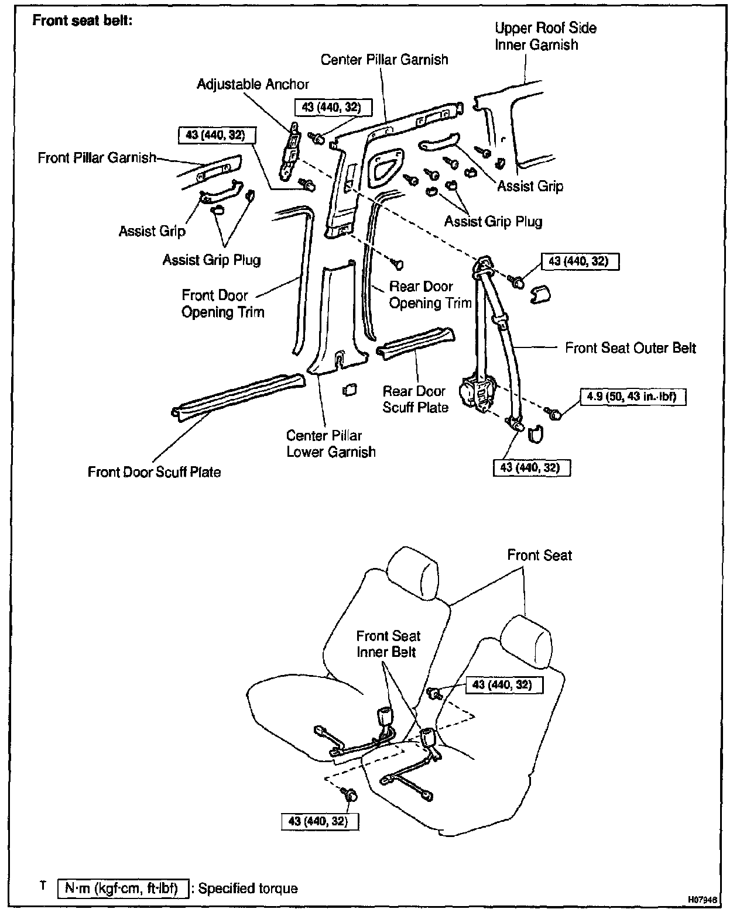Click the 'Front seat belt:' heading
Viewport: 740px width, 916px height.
(x=83, y=20)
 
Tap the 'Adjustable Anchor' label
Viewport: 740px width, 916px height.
(x=252, y=84)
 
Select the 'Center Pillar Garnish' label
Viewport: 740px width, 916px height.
(x=384, y=60)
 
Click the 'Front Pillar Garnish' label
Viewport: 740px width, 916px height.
(x=97, y=158)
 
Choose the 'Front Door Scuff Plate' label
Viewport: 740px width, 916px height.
(x=154, y=472)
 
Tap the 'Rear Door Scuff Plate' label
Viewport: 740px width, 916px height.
(x=415, y=400)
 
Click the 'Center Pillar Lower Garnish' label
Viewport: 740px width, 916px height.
(x=331, y=444)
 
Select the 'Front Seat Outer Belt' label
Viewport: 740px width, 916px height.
(x=630, y=349)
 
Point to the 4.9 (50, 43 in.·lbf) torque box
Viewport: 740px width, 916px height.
(x=632, y=397)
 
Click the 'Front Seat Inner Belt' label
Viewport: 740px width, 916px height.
(x=388, y=644)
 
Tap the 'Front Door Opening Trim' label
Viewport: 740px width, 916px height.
(x=222, y=304)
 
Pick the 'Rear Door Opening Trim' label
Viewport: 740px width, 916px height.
(x=430, y=295)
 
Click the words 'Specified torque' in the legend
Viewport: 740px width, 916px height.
(x=248, y=889)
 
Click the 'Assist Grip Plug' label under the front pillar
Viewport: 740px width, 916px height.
(x=211, y=260)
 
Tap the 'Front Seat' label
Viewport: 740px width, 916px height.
(x=539, y=555)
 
